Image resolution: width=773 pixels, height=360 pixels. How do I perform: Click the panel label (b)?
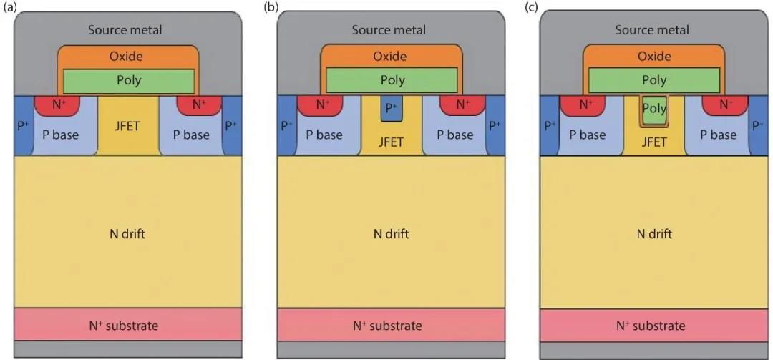click(271, 7)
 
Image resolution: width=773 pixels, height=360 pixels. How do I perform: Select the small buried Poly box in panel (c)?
click(654, 109)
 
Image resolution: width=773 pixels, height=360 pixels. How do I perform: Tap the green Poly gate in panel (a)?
click(129, 80)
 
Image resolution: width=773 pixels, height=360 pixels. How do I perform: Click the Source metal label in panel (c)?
click(652, 29)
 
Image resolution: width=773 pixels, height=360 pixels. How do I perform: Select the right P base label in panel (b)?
click(455, 135)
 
